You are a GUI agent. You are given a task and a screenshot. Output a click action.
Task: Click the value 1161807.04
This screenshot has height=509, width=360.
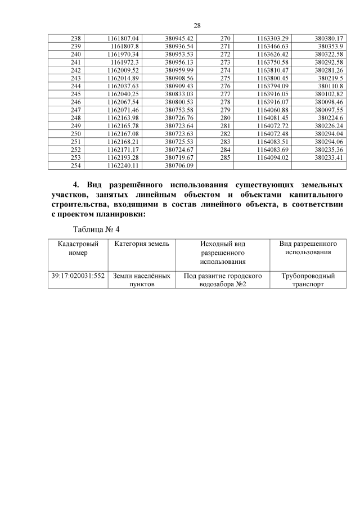pyautogui.click(x=121, y=38)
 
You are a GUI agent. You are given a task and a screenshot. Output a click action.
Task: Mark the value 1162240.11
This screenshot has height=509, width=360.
pyautogui.click(x=121, y=166)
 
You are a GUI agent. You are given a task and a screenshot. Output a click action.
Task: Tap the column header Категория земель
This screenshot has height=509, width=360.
pyautogui.click(x=141, y=244)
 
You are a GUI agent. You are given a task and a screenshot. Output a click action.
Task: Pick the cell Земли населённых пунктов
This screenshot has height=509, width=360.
pyautogui.click(x=141, y=280)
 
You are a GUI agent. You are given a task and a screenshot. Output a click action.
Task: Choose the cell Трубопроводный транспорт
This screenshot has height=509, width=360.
pyautogui.click(x=308, y=280)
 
